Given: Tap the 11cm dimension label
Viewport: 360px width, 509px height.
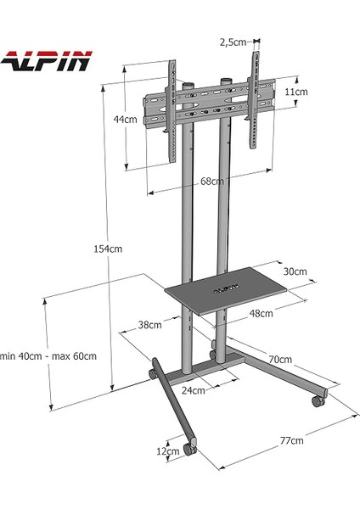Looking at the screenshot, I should pyautogui.click(x=295, y=92).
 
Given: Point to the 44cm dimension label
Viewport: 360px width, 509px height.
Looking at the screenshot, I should pyautogui.click(x=125, y=120).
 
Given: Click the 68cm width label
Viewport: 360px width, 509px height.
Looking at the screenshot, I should pyautogui.click(x=212, y=181).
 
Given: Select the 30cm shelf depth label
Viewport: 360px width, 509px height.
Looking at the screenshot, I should pyautogui.click(x=295, y=271).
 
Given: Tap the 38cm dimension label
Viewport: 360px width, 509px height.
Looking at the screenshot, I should pyautogui.click(x=149, y=324).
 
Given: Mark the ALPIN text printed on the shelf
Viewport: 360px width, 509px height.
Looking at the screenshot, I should pyautogui.click(x=222, y=288).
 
